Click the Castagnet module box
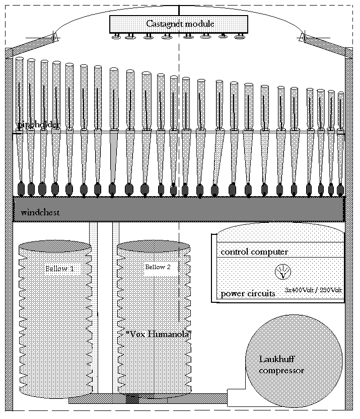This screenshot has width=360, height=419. click(179, 24)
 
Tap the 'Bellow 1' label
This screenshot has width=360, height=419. click(59, 269)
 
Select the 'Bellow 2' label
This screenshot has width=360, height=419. click(158, 267)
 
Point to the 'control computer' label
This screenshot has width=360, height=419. click(254, 252)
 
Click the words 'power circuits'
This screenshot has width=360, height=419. click(248, 294)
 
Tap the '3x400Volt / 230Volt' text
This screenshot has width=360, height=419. click(313, 290)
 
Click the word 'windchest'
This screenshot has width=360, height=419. click(40, 213)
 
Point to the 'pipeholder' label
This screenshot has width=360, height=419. click(38, 124)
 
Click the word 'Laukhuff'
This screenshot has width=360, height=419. click(277, 359)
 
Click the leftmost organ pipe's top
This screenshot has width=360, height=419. click(20, 59)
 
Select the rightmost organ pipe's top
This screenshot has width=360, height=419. click(341, 94)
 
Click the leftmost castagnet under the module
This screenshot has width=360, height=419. click(116, 37)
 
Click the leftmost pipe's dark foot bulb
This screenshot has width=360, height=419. click(21, 189)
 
